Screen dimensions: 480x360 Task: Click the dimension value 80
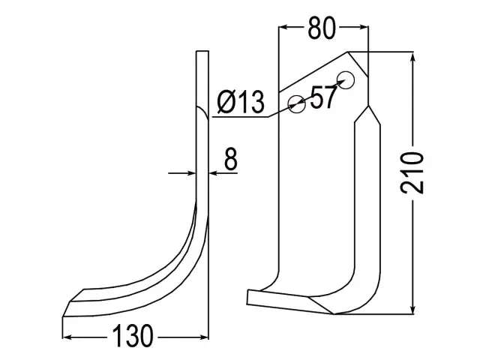pos(322,28)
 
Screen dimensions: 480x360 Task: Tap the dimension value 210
pos(412,172)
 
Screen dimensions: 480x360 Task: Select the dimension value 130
pos(133,336)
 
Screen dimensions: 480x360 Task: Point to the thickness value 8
pos(230,158)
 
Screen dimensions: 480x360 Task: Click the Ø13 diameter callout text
pos(241,102)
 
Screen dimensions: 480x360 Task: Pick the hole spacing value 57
pos(323,97)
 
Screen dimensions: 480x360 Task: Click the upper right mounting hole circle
pos(346,80)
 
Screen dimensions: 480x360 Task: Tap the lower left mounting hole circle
pos(297,104)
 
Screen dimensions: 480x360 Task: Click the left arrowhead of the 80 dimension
pos(283,27)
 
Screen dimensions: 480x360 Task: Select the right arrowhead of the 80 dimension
pos(363,27)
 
